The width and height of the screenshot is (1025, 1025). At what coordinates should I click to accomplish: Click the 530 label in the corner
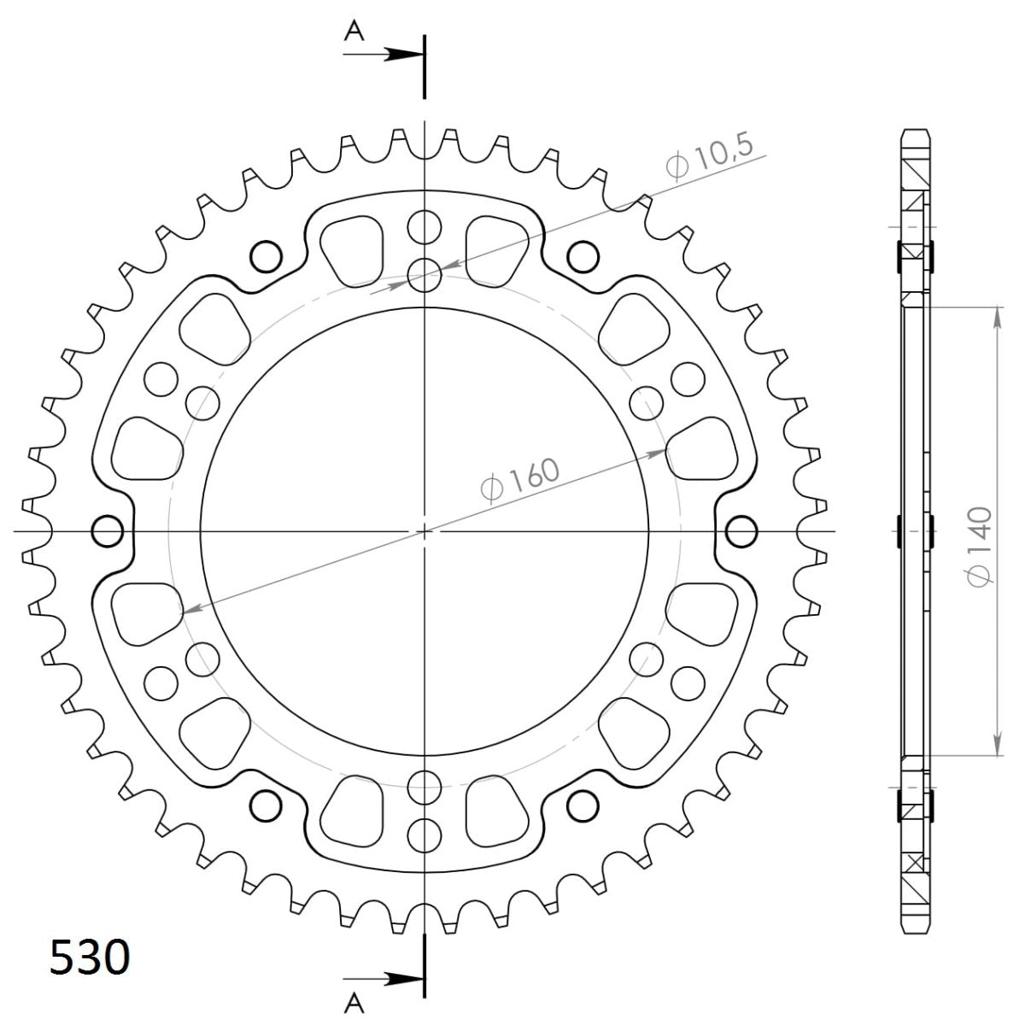coord(90,958)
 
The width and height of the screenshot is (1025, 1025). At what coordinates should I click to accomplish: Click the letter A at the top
coord(354,31)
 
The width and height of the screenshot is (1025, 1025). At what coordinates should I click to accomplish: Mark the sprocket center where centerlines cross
coord(425,531)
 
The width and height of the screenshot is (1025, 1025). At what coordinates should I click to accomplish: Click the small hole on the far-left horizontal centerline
coord(107,531)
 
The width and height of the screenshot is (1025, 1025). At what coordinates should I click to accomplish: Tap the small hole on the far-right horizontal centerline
coord(741,531)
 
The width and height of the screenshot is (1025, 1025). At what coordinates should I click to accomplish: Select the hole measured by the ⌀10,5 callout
coord(425,274)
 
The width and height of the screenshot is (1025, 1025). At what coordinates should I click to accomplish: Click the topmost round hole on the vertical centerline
coord(425,227)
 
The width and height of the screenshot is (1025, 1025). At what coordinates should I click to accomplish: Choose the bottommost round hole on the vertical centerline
coord(425,833)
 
